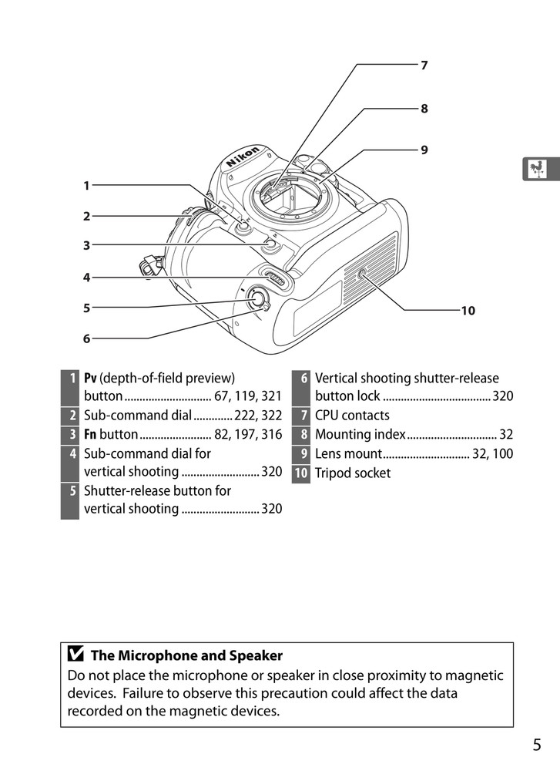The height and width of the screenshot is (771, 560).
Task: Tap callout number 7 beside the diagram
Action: coord(424,66)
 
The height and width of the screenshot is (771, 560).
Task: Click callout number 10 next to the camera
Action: coord(468,311)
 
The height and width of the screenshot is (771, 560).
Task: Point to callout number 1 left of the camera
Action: coord(87,185)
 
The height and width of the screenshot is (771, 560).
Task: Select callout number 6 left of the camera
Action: coord(87,338)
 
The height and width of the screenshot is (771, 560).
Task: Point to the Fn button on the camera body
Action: coord(268,246)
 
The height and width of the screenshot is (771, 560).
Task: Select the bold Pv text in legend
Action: coord(90,379)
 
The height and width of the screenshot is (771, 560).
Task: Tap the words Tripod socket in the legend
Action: coord(352,473)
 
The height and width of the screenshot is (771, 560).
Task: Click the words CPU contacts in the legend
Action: coord(352,416)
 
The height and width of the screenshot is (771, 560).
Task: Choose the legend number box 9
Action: coord(302,454)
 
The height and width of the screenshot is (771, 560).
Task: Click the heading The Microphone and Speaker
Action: coord(186,656)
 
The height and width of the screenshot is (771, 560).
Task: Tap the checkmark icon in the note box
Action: coord(76,656)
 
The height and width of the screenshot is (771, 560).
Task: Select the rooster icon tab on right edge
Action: coord(541,169)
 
